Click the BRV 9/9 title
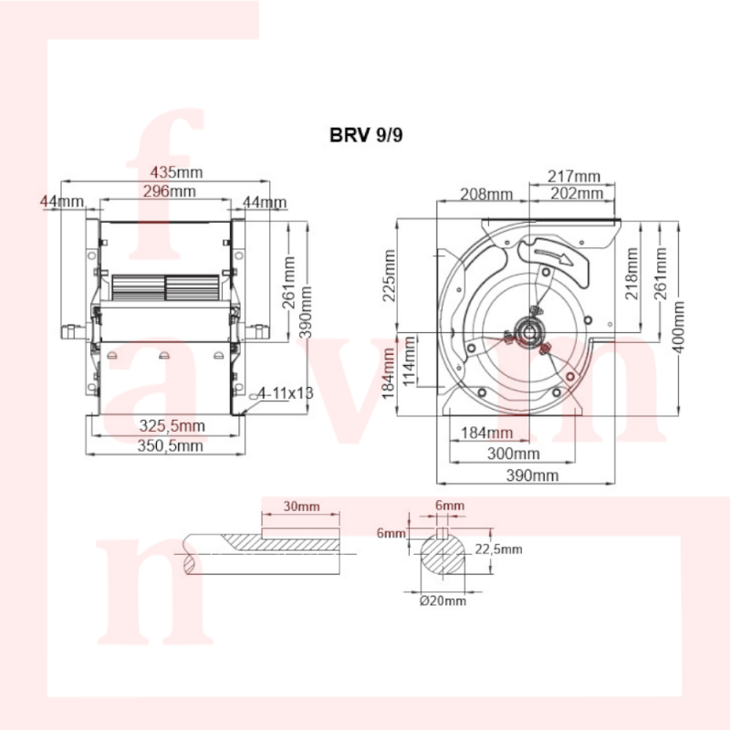pyautogui.click(x=366, y=135)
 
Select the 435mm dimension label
pyautogui.click(x=176, y=172)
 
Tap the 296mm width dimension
pyautogui.click(x=170, y=192)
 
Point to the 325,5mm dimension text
pyautogui.click(x=172, y=425)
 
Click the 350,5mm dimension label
pyautogui.click(x=171, y=446)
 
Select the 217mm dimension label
pyautogui.click(x=574, y=176)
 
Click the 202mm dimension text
pyautogui.click(x=577, y=193)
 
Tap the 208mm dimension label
pyautogui.click(x=486, y=194)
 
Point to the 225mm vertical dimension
pyautogui.click(x=390, y=276)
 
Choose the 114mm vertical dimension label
pyautogui.click(x=409, y=361)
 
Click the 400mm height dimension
pyautogui.click(x=678, y=327)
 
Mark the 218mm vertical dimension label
pyautogui.click(x=631, y=273)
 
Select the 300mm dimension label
pyautogui.click(x=514, y=454)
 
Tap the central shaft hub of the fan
pyautogui.click(x=529, y=332)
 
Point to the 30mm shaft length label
pyautogui.click(x=302, y=506)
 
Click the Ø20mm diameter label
pyautogui.click(x=443, y=601)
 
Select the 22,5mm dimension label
pyautogui.click(x=498, y=549)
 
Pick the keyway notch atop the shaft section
pyautogui.click(x=443, y=533)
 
